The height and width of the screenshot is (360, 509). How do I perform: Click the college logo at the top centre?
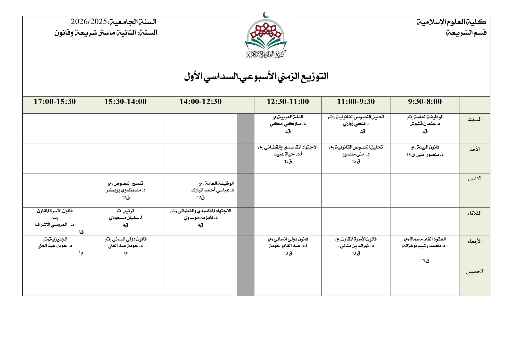point(266,36)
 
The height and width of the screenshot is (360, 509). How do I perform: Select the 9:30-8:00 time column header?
point(425,102)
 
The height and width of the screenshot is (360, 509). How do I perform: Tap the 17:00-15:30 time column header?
point(55,102)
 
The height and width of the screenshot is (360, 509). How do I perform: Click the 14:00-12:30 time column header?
point(200,102)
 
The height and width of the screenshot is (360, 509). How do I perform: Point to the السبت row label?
point(474,119)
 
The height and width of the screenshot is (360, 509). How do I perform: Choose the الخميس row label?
point(474,272)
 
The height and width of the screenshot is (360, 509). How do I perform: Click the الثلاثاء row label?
point(474,213)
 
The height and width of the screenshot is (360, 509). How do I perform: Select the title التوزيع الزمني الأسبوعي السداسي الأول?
point(256,77)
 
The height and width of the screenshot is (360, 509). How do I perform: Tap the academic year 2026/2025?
point(89,22)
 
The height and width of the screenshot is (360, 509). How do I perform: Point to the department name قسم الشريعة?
point(466,33)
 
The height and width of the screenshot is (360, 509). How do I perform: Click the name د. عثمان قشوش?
point(425,124)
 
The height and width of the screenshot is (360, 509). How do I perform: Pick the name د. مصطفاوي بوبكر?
point(126,190)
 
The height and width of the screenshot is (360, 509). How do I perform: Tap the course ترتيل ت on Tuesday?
point(126,211)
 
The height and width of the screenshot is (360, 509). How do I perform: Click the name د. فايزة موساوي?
point(201,218)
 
